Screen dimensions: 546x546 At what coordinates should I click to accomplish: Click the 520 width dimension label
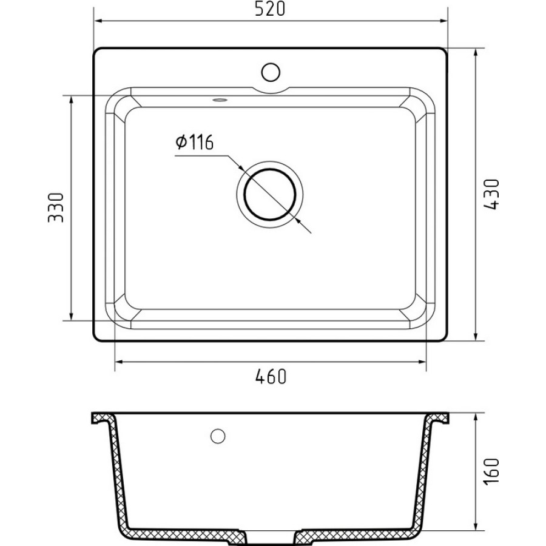270,8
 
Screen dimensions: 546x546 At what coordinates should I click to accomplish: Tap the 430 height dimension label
491,194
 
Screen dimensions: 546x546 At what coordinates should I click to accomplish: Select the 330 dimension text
56,207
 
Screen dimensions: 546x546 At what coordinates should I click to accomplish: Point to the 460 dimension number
271,376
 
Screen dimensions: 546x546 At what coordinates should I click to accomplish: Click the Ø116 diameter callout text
194,142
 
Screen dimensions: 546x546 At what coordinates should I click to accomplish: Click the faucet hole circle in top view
271,72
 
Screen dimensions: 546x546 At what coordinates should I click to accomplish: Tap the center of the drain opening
270,194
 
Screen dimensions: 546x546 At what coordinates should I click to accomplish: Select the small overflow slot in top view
220,100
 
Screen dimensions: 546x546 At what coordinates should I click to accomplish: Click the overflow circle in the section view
218,436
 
